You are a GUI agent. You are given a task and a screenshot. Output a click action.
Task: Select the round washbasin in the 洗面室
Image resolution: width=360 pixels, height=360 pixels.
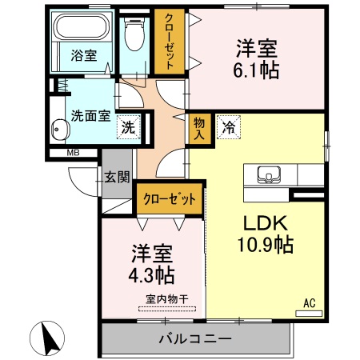[x=59, y=128]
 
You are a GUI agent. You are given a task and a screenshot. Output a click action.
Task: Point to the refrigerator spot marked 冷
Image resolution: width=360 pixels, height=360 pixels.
[x=229, y=126]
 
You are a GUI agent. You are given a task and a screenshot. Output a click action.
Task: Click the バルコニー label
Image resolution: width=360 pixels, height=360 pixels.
[x=194, y=337]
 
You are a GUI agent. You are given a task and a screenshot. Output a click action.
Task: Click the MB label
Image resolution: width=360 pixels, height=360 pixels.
[x=72, y=153]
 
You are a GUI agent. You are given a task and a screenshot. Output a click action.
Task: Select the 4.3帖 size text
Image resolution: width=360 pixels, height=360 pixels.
[x=153, y=275]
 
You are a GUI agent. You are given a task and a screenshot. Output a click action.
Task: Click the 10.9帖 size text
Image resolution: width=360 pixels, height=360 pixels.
[x=264, y=244]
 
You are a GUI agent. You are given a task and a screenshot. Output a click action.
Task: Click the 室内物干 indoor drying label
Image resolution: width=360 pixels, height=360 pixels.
[x=166, y=299]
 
